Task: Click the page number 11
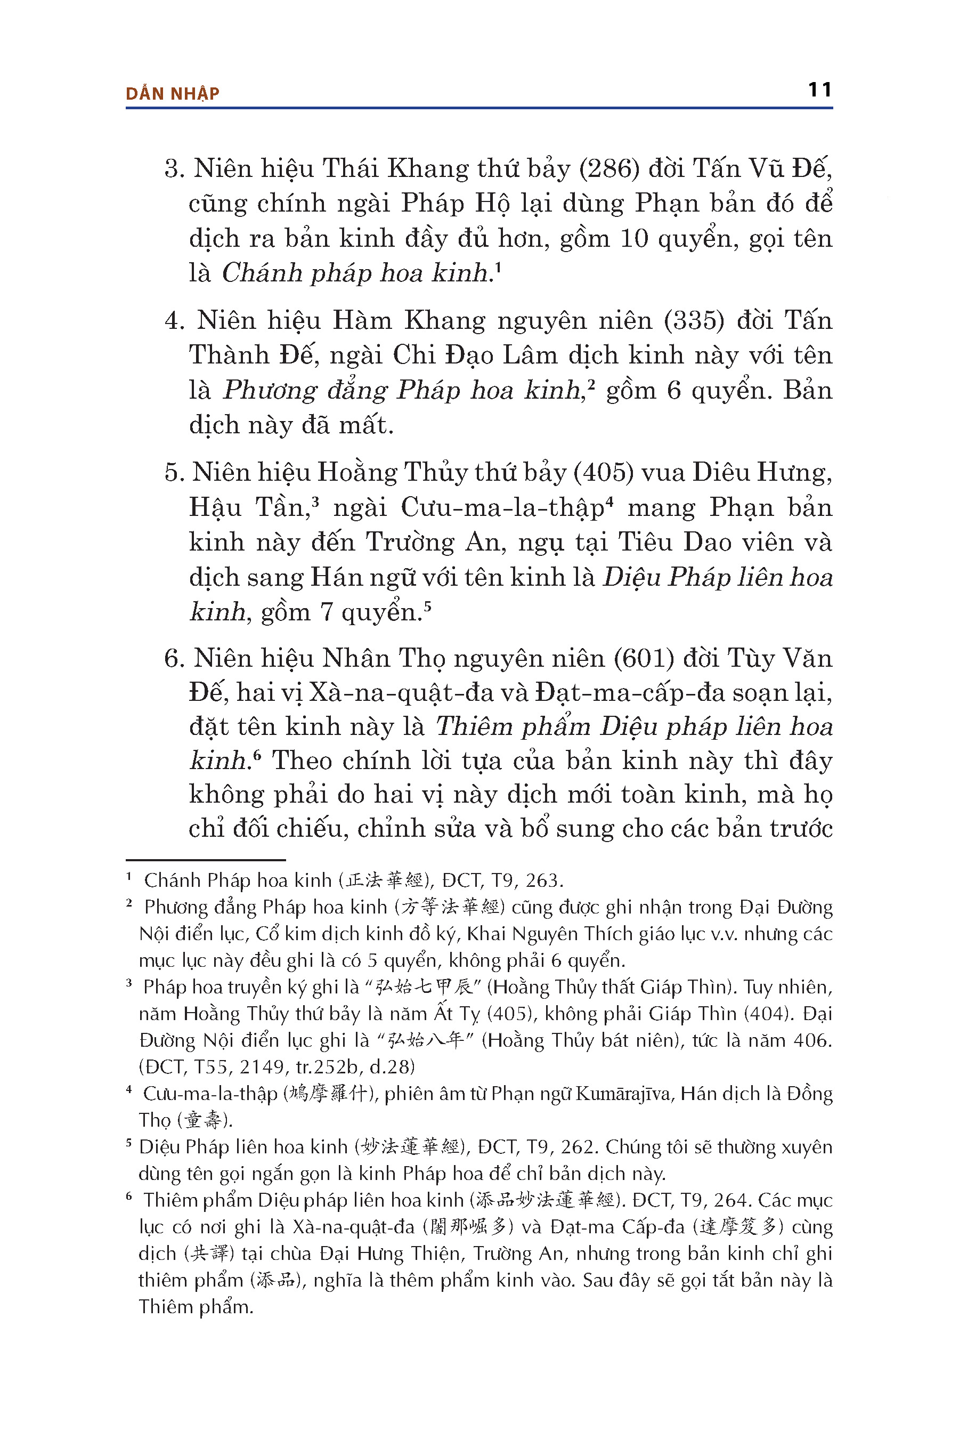click(819, 90)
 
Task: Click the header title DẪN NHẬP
click(173, 94)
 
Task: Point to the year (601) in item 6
click(644, 658)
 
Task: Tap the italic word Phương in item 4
click(269, 390)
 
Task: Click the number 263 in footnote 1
click(542, 881)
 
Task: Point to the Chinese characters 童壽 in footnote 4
click(204, 1120)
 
